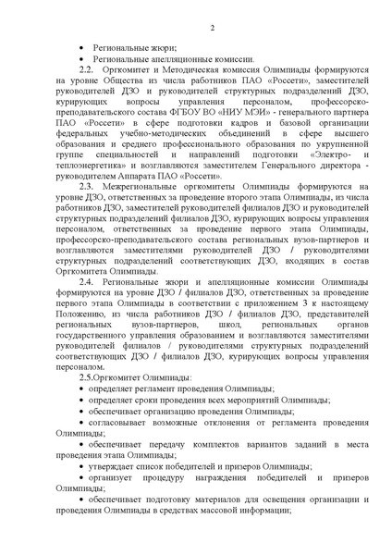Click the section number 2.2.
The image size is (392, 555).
pyautogui.click(x=86, y=68)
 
